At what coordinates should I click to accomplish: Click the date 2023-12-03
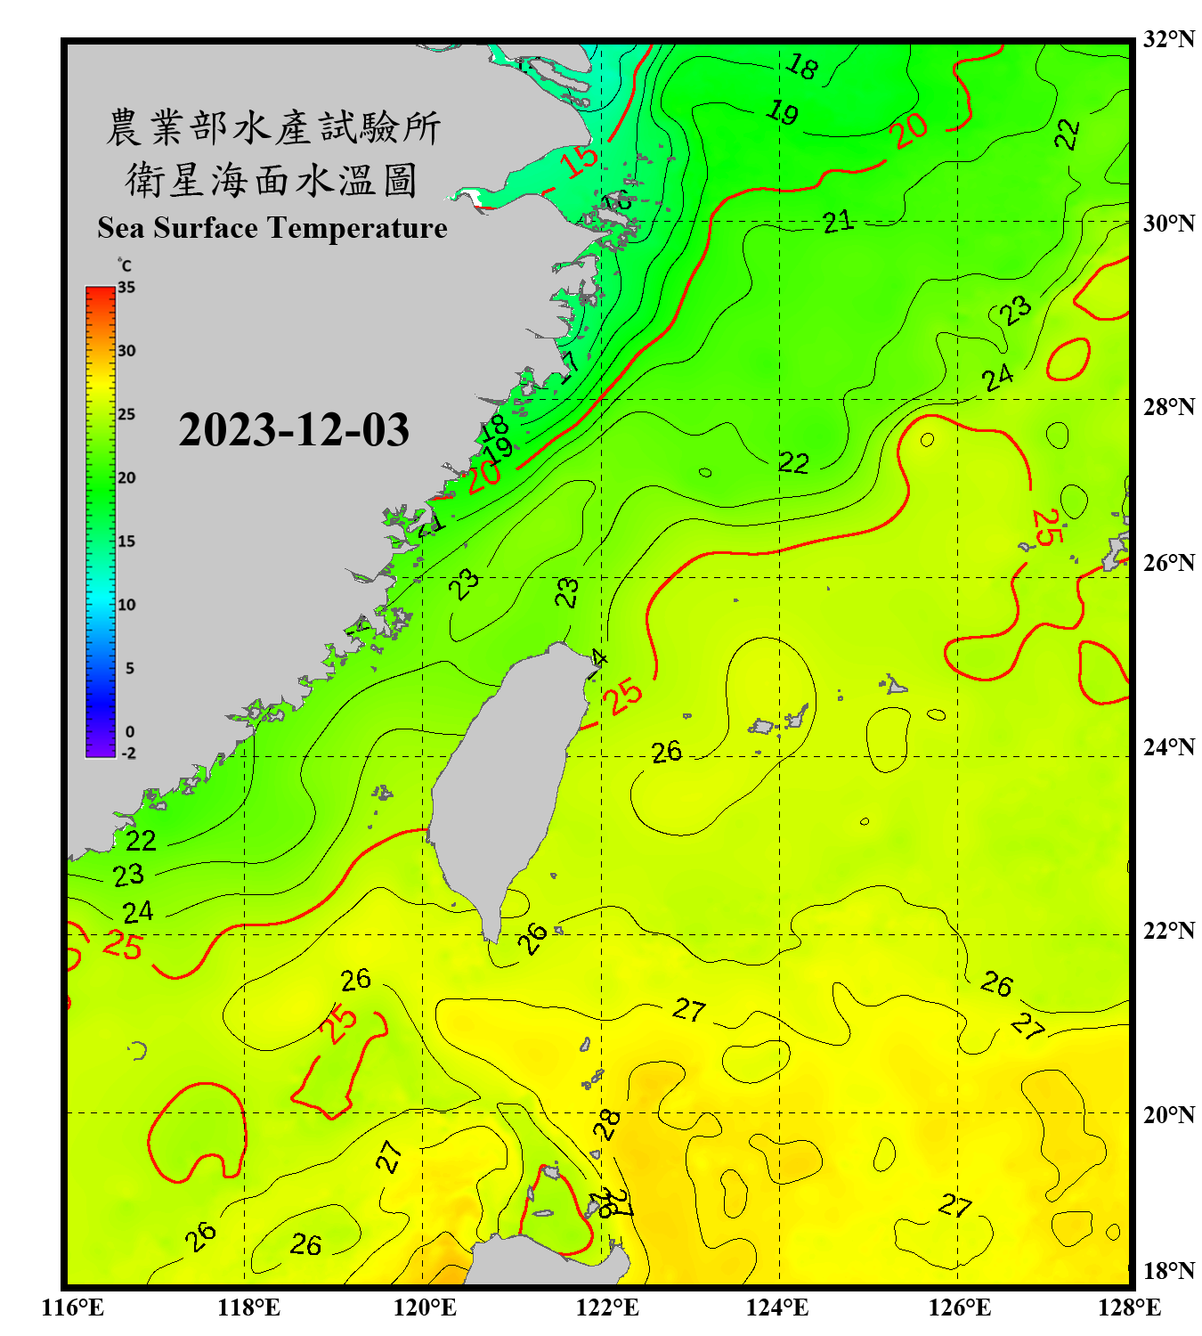294,430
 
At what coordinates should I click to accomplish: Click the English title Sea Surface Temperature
272,228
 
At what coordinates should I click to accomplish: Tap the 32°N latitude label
1169,39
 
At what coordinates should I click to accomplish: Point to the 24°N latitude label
1169,747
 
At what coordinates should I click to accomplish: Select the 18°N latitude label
1169,1271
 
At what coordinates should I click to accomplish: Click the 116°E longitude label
73,1307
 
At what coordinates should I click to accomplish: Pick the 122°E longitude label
607,1307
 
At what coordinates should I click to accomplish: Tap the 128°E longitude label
1129,1307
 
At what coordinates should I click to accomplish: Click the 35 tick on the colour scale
126,287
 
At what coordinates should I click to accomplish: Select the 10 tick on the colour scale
126,605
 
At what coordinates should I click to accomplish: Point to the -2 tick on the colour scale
128,754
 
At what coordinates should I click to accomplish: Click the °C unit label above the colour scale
125,265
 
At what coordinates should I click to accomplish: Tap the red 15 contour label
580,160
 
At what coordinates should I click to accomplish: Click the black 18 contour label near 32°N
802,66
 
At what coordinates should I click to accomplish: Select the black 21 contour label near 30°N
838,221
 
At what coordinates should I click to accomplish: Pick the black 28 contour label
607,1125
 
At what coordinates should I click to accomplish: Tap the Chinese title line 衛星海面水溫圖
272,181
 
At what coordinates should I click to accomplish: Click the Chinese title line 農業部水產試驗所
273,128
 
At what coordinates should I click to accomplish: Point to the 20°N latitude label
1169,1114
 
